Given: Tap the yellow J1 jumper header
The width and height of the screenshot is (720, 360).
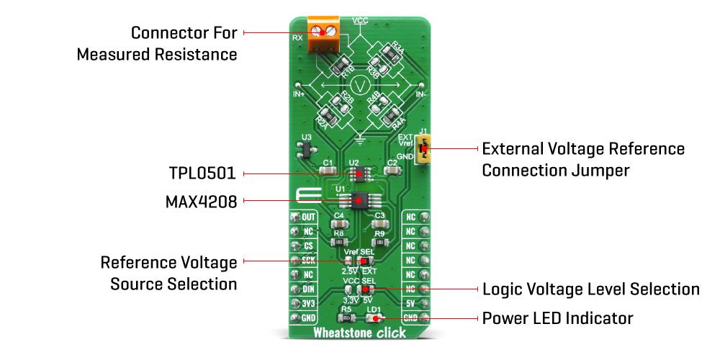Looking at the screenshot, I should point(426,150).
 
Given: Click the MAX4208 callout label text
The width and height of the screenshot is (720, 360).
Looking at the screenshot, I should point(201,202).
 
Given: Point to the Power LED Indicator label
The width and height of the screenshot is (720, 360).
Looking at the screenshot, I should point(557,318).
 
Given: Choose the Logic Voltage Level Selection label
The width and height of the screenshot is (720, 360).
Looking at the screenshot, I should point(590,289).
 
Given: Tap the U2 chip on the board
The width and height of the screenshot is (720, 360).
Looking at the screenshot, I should point(354,174).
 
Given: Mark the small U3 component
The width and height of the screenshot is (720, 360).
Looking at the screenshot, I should point(305,149).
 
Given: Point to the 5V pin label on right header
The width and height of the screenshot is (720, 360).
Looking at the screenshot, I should point(410,303).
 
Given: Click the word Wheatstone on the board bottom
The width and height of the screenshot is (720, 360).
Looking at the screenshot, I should point(341,333).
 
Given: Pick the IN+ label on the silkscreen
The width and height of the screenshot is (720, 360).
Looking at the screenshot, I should point(299,94).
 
